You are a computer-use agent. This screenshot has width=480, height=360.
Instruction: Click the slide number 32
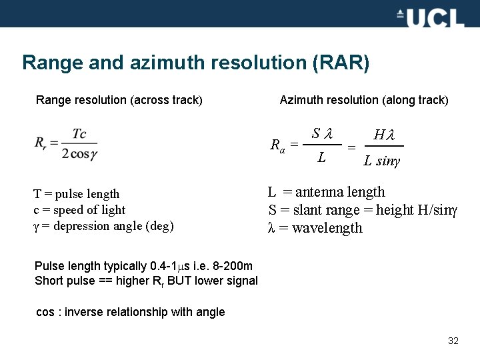tap(453, 341)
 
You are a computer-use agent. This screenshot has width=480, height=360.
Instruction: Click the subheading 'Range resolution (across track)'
tap(119, 100)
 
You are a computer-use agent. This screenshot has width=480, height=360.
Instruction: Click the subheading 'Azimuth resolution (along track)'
tap(364, 100)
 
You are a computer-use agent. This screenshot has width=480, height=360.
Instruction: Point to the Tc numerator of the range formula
tap(79, 134)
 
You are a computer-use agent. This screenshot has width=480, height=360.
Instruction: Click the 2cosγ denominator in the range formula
tap(80, 153)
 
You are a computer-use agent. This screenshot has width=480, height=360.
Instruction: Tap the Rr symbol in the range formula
tap(41, 143)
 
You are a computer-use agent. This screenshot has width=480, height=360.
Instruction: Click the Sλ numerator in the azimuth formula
tap(323, 133)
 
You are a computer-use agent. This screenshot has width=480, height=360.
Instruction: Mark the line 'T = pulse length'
tap(77, 194)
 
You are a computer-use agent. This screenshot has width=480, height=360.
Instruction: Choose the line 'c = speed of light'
tap(79, 210)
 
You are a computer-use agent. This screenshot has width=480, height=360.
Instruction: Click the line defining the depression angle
tap(103, 226)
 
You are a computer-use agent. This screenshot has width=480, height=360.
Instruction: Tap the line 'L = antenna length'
tap(327, 193)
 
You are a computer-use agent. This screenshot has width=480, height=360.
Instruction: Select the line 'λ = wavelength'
tap(315, 228)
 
